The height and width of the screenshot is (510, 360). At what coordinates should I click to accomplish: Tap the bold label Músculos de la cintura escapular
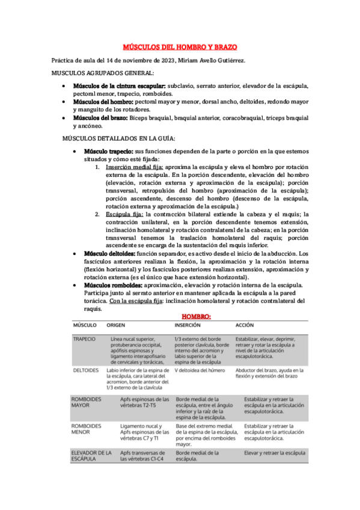119,86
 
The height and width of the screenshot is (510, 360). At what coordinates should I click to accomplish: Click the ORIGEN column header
116,325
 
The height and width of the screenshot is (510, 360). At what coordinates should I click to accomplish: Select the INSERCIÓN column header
188,325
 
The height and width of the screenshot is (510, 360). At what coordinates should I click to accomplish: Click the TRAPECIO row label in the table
84,339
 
